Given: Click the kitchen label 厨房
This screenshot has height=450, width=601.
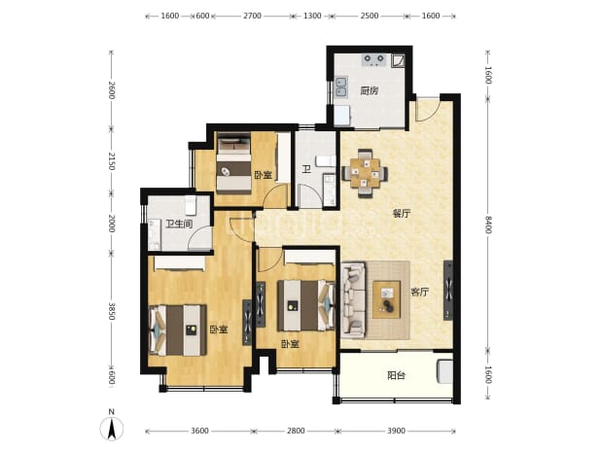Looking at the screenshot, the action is coord(370,91).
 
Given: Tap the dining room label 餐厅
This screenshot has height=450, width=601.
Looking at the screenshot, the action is coord(401,213).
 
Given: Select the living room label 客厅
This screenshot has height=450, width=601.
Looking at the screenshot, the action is coord(420,293).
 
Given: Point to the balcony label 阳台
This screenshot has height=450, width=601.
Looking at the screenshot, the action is coord(397,375).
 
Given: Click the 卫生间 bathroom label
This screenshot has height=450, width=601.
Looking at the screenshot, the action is coord(179,224).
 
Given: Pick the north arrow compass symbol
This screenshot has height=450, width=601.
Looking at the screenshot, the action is coord(112,426).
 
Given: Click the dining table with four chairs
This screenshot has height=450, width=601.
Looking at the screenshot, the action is coord(365,173).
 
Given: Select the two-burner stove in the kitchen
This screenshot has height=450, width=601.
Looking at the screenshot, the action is coord(373,59).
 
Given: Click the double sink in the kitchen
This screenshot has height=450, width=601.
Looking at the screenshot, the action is coord(341,87).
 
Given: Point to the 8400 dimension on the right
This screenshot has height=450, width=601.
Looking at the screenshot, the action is coord(488,225).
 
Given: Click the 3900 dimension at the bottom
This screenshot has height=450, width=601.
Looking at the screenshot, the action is coord(397,431).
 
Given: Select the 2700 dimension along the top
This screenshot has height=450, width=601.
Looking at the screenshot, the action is coord(252,16).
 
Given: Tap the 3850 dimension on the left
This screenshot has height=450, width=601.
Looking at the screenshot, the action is coord(112,311).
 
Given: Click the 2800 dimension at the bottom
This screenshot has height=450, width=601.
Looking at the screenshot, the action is coord(296,431).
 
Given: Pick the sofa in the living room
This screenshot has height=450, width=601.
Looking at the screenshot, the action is coord(353,300).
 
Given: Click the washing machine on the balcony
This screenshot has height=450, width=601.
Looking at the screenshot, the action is coord(444,371).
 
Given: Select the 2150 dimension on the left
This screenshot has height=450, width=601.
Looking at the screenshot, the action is coord(112,161).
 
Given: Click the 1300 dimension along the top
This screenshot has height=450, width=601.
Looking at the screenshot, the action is coord(312,16).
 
